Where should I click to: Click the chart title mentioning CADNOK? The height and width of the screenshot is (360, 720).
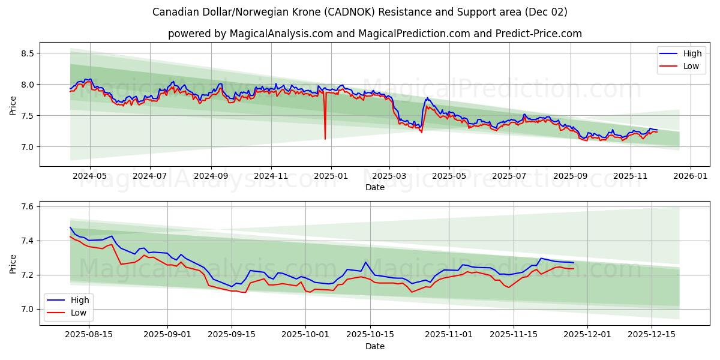point(359,12)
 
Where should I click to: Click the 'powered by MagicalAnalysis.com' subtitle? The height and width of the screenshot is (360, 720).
point(374,34)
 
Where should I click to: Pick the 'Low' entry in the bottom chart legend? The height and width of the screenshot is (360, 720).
point(78,313)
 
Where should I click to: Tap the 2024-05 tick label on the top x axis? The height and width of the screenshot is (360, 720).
point(90,176)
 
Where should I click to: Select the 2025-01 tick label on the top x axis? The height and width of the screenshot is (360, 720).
point(331,176)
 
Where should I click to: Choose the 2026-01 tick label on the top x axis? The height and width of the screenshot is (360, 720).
point(691,176)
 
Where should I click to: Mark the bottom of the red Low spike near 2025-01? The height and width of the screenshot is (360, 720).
point(325,139)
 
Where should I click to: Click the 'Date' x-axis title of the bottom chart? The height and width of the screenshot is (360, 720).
point(374,346)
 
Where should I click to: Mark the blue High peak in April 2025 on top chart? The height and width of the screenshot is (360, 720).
point(427,98)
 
